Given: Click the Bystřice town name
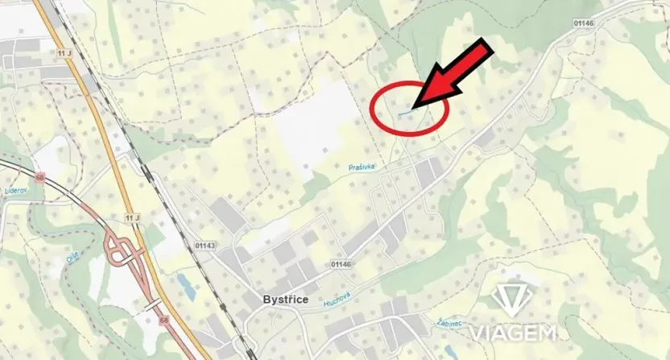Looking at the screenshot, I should click(x=287, y=299).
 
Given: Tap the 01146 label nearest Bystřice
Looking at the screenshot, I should click(x=341, y=263).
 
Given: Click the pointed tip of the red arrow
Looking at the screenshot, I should click(x=412, y=107).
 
